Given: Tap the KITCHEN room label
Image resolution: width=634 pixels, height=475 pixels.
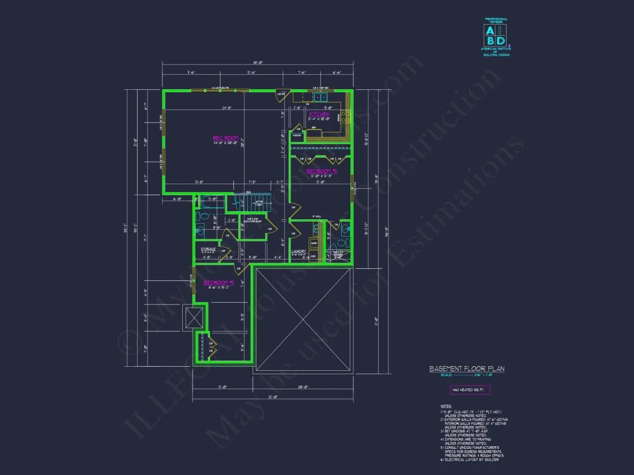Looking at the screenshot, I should pos(319,115).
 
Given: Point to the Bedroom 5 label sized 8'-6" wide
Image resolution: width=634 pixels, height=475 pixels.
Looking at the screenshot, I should pos(218,283).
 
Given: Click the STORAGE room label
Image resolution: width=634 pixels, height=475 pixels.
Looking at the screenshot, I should pos(208,249).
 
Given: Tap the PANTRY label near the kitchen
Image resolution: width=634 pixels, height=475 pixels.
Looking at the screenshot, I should pos(297,135).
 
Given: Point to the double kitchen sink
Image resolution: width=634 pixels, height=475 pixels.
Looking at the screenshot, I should pos(320,97).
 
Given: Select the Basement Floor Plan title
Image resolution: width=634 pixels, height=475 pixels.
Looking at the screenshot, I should pos(467,368).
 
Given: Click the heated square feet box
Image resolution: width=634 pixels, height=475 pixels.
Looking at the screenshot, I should pos(470,390).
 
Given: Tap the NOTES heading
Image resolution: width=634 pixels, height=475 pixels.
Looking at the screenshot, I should pos(446,406).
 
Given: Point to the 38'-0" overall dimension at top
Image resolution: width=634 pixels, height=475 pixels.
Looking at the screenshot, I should pos(258,62).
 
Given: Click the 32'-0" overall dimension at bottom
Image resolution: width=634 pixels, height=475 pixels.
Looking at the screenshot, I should pos(272,397).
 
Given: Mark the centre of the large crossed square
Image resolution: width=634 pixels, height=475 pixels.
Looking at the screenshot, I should pos(303,319).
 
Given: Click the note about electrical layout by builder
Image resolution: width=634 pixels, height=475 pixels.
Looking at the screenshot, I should pos(470,459).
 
